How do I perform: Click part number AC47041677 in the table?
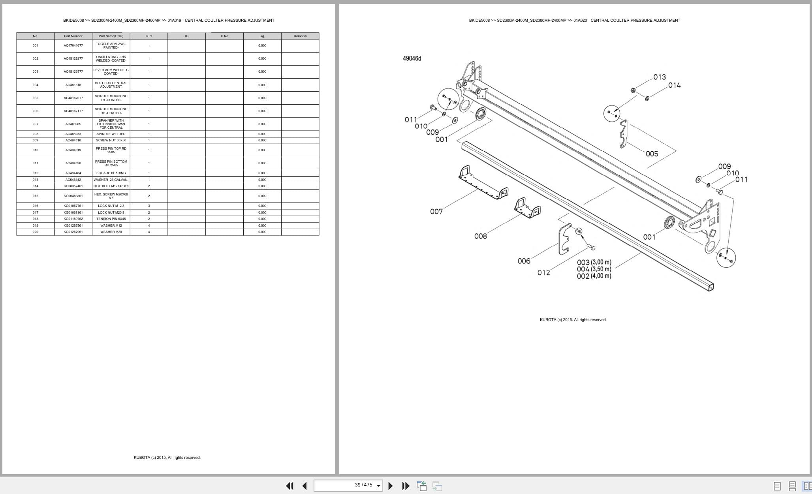pyautogui.click(x=73, y=45)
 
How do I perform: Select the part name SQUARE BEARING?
pyautogui.click(x=111, y=173)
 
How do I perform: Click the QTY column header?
pyautogui.click(x=149, y=36)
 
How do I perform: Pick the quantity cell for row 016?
pyautogui.click(x=149, y=206)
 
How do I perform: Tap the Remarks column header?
pyautogui.click(x=300, y=36)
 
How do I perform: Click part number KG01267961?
pyautogui.click(x=73, y=232)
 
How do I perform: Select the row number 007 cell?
pyautogui.click(x=36, y=124)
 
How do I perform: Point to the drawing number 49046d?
pyautogui.click(x=412, y=58)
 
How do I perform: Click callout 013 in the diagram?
pyautogui.click(x=659, y=77)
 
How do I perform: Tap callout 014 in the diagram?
pyautogui.click(x=674, y=85)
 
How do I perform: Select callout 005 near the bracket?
pyautogui.click(x=652, y=154)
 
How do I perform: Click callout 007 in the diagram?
pyautogui.click(x=436, y=212)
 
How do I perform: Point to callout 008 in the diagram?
pyautogui.click(x=480, y=236)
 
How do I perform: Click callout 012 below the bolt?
pyautogui.click(x=543, y=272)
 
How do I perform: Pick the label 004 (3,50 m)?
pyautogui.click(x=594, y=269)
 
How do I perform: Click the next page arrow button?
pyautogui.click(x=390, y=486)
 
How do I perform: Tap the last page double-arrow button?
pyautogui.click(x=406, y=486)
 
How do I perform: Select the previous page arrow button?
pyautogui.click(x=304, y=486)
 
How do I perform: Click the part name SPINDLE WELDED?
pyautogui.click(x=111, y=134)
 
